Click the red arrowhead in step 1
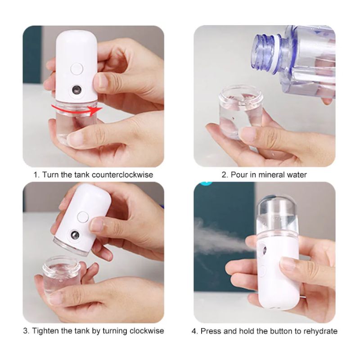coord(96,111)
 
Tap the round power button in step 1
coord(77,69)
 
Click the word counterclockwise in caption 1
coord(122,175)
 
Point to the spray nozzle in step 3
coord(75,235)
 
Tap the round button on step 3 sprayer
coord(83,217)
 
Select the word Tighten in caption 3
coord(46,331)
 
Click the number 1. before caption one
coord(36,175)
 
